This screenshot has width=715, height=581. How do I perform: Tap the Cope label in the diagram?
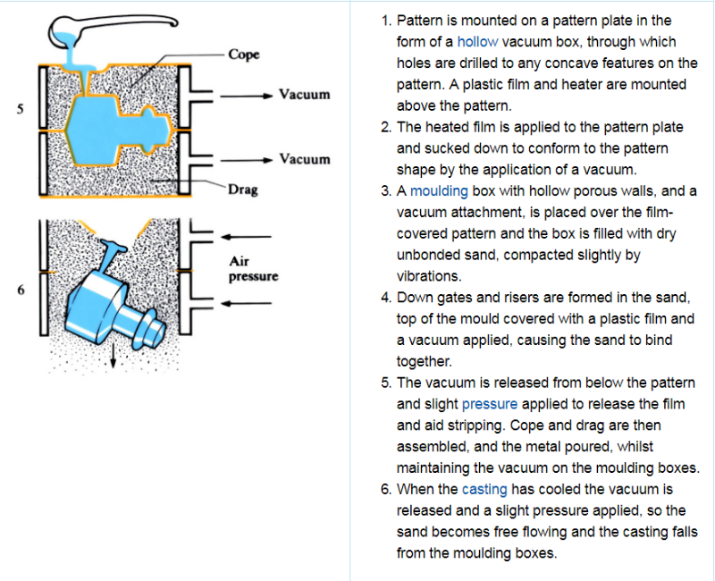(x=243, y=55)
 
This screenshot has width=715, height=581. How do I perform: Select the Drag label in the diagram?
(x=242, y=189)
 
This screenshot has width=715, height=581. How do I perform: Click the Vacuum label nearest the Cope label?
(x=304, y=94)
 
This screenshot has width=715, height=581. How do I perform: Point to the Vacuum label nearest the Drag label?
(x=304, y=159)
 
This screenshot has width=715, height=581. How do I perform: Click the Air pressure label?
(x=253, y=269)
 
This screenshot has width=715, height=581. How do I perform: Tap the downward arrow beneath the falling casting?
(x=114, y=358)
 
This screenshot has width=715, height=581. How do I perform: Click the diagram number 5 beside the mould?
(x=20, y=109)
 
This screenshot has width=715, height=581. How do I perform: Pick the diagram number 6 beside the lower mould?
(x=20, y=289)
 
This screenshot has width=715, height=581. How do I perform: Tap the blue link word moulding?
(x=433, y=191)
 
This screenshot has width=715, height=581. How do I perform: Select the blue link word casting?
(x=484, y=489)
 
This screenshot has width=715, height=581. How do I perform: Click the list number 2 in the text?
(x=385, y=127)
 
